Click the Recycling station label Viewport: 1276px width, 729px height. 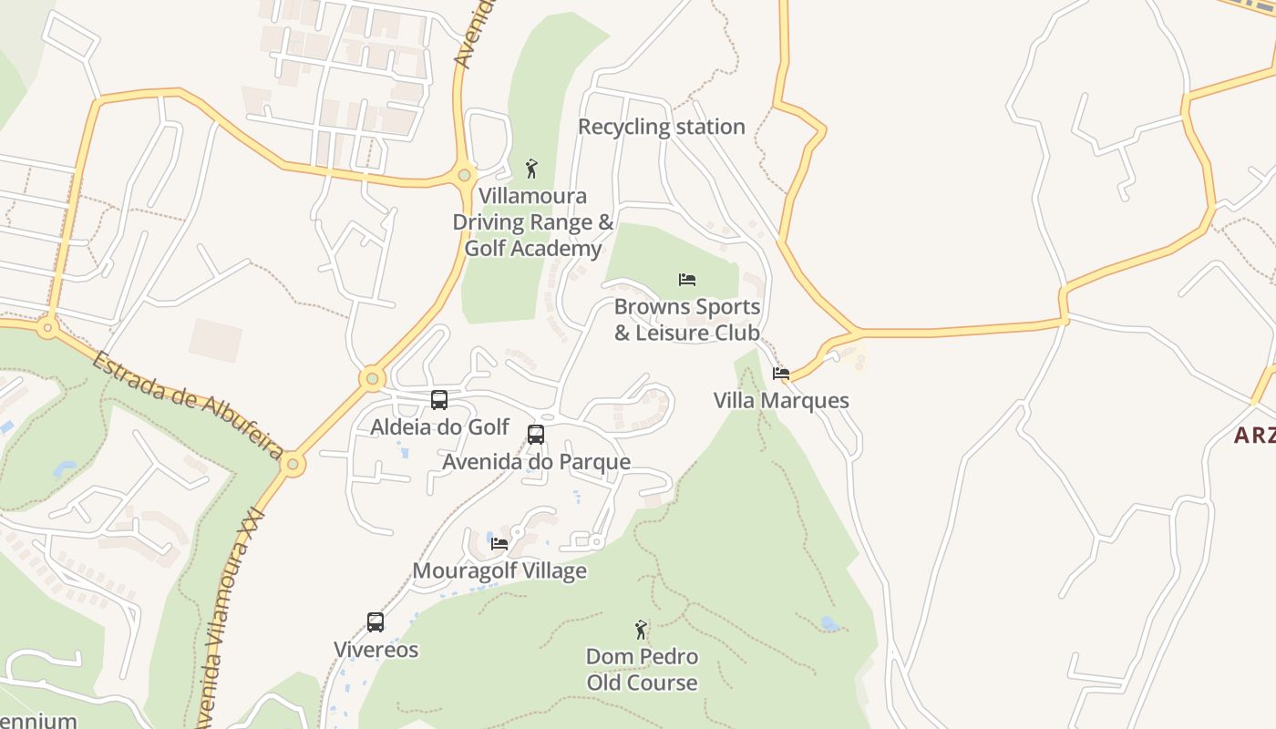662,127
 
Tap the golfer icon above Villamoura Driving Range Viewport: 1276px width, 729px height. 532,169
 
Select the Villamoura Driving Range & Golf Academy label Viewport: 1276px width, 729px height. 533,222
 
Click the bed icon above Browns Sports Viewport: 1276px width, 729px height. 687,279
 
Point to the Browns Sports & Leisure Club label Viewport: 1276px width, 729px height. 687,320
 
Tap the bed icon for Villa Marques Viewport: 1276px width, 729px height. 781,373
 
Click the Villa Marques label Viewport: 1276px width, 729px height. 781,401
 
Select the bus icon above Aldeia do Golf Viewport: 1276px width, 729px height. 439,399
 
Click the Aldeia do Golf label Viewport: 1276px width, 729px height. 439,426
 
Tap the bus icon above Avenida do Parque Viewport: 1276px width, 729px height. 536,434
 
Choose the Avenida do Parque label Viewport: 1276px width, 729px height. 536,462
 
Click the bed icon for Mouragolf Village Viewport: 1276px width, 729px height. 499,543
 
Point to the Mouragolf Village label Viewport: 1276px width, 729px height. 499,571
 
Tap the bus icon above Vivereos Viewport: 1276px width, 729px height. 376,622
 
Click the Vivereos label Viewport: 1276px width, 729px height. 376,650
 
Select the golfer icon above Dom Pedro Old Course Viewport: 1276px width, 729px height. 642,629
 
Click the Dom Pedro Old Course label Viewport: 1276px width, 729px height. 642,670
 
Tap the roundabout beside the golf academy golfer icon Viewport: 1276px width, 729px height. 465,174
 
